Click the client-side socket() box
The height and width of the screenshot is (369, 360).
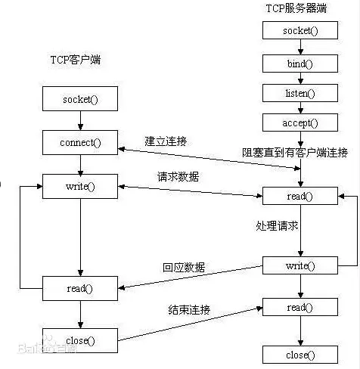pyautogui.click(x=80, y=98)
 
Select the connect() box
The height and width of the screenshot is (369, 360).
pyautogui.click(x=80, y=142)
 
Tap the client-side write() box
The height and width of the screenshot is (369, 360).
pyautogui.click(x=80, y=186)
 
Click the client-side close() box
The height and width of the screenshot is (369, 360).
pyautogui.click(x=80, y=340)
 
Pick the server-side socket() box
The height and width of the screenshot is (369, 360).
pyautogui.click(x=300, y=30)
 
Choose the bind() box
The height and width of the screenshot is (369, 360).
pyautogui.click(x=300, y=64)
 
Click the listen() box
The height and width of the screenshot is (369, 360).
pyautogui.click(x=300, y=93)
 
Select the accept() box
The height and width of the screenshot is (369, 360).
pyautogui.click(x=300, y=122)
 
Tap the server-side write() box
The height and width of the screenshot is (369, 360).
pyautogui.click(x=300, y=265)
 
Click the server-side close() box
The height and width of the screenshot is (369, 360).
pyautogui.click(x=300, y=355)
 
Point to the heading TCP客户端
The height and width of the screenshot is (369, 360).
pyautogui.click(x=76, y=60)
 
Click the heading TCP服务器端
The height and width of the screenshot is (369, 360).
pyautogui.click(x=296, y=8)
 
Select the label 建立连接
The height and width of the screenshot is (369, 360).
pyautogui.click(x=166, y=141)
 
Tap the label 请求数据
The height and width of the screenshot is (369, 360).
pyautogui.click(x=178, y=176)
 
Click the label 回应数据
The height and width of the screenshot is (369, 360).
pyautogui.click(x=184, y=267)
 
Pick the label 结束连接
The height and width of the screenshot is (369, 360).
pyautogui.click(x=189, y=309)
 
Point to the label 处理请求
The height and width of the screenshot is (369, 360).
pyautogui.click(x=277, y=225)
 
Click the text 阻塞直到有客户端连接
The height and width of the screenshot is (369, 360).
pyautogui.click(x=295, y=153)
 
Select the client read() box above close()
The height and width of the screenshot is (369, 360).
pyautogui.click(x=80, y=288)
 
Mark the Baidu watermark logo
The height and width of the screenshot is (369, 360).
pyautogui.click(x=47, y=346)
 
